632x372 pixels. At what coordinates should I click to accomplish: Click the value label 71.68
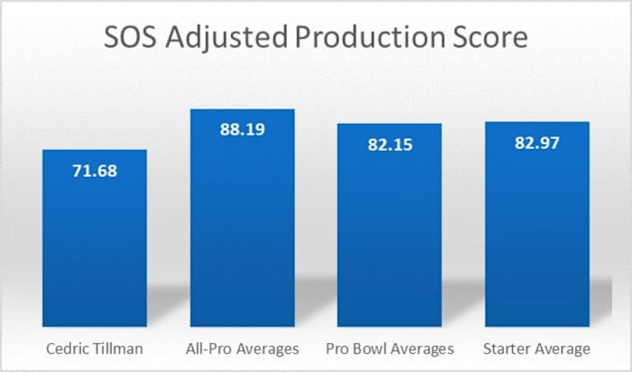pyautogui.click(x=95, y=168)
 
